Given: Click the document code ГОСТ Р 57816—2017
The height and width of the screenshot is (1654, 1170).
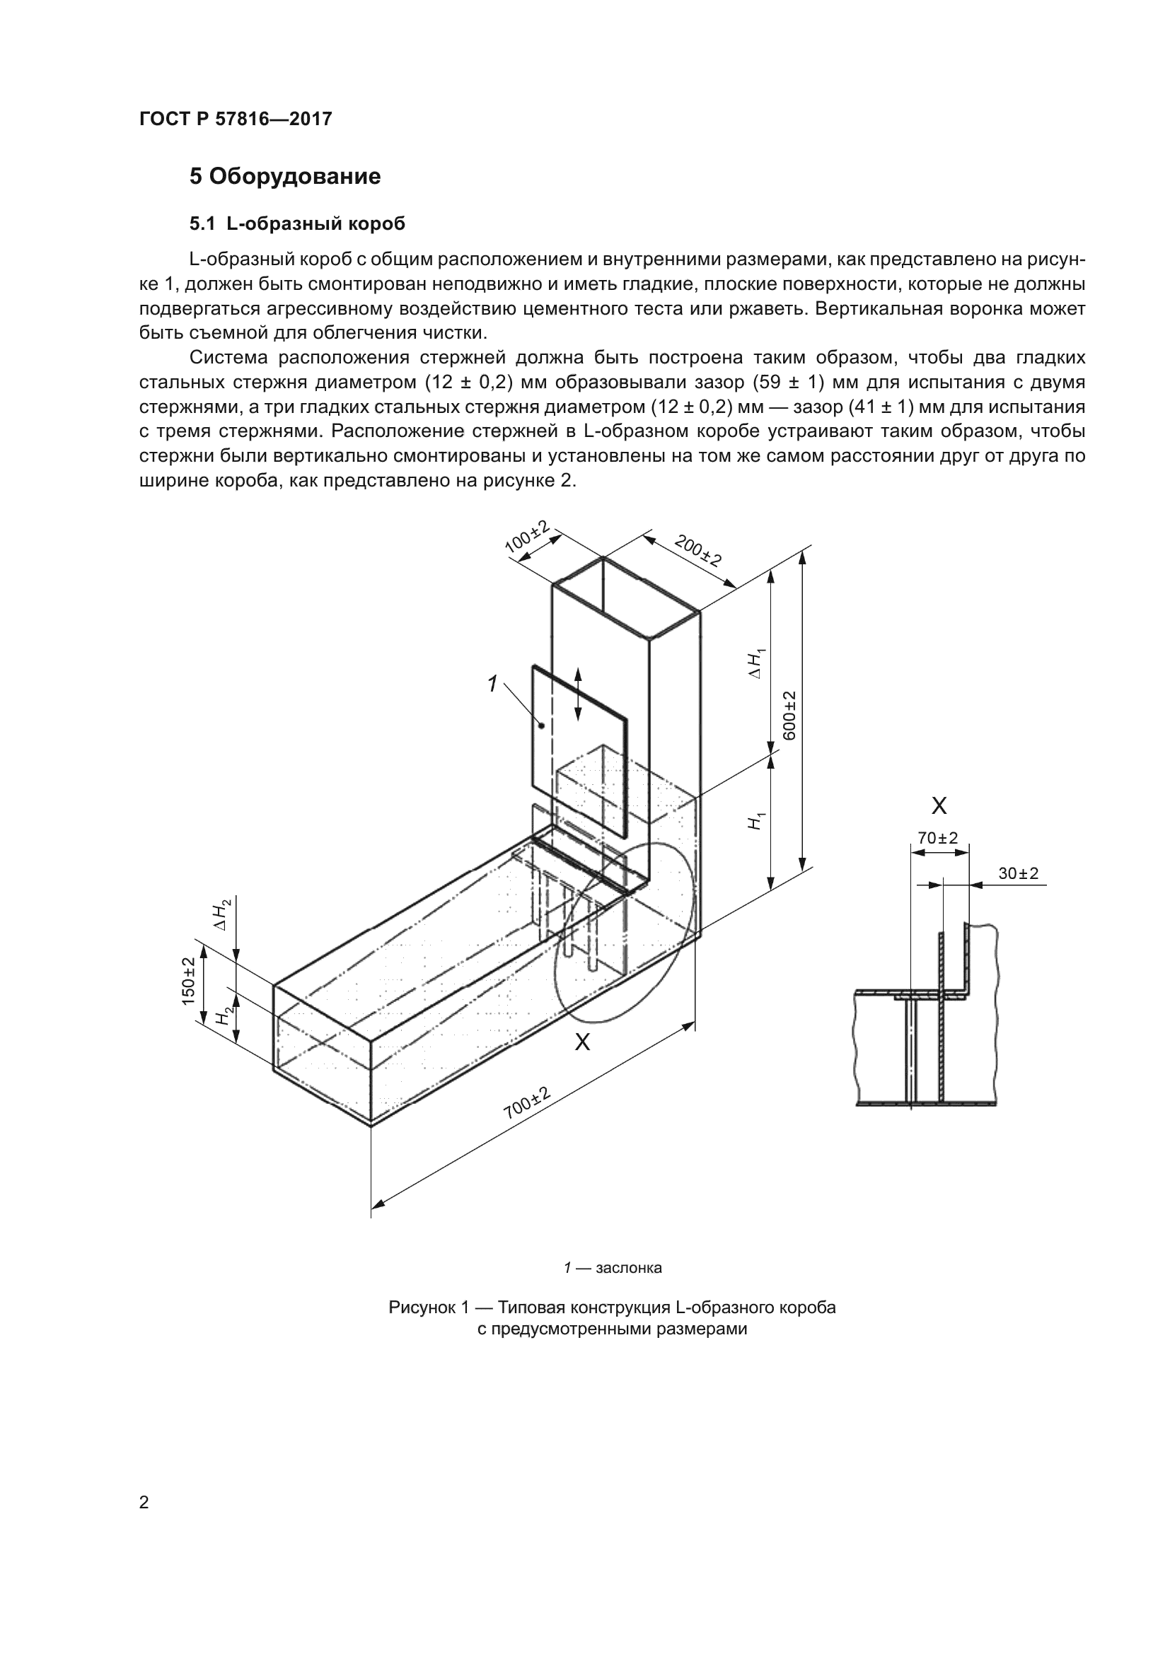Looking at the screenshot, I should (x=236, y=119).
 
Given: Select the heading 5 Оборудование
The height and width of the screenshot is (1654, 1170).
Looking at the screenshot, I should (x=284, y=177).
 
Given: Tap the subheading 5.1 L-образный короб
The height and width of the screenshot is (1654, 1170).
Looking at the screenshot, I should (x=297, y=224).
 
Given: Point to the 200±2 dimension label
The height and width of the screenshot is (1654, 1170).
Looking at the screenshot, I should (x=697, y=550).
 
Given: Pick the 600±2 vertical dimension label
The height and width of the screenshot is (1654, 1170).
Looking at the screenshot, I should (x=789, y=716).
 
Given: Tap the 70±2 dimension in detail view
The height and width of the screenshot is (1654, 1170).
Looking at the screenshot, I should (x=937, y=838).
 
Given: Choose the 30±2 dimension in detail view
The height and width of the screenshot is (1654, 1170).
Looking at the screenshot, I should (x=1018, y=873).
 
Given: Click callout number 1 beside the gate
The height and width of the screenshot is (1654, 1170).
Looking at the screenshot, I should (x=493, y=684).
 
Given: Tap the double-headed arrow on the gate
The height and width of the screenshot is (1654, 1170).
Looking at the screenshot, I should (x=578, y=694).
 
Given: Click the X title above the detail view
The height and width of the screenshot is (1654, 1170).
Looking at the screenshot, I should (x=939, y=805).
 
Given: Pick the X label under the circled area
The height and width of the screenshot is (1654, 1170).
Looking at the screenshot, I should (x=582, y=1042).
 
